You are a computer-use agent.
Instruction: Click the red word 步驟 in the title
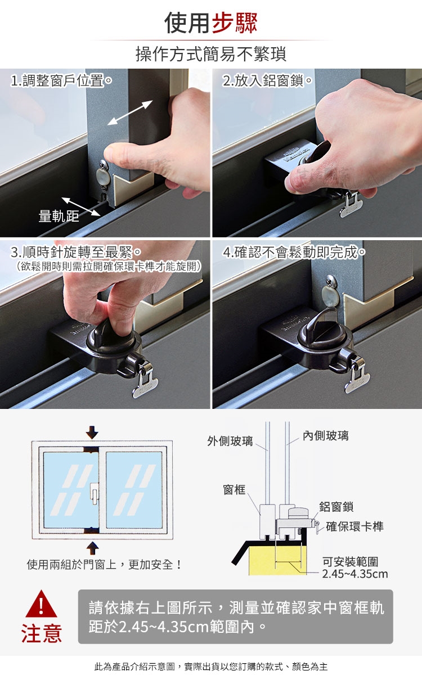(x=235, y=23)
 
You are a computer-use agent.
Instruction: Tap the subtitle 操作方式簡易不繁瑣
(x=211, y=54)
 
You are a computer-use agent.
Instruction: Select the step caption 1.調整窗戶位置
(x=61, y=80)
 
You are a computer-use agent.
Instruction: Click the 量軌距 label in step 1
(x=59, y=216)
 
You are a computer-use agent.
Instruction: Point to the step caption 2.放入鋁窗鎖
(x=267, y=80)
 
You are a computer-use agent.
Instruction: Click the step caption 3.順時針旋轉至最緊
(x=75, y=252)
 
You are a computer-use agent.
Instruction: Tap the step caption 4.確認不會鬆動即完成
(x=294, y=252)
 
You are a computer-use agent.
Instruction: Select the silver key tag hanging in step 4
(x=357, y=377)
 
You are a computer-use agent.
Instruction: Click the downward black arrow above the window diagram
(x=92, y=433)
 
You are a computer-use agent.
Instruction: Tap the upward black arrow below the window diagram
(x=92, y=548)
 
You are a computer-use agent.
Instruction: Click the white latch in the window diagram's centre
(x=95, y=493)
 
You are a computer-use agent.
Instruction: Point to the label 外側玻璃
(x=230, y=441)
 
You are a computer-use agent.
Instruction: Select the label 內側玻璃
(x=326, y=436)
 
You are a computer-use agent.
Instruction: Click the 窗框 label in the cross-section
(x=234, y=489)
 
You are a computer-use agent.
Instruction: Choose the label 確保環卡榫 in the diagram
(x=355, y=526)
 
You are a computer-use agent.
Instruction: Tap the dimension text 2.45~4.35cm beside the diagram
(x=355, y=574)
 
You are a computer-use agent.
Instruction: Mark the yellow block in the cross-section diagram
(x=277, y=560)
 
